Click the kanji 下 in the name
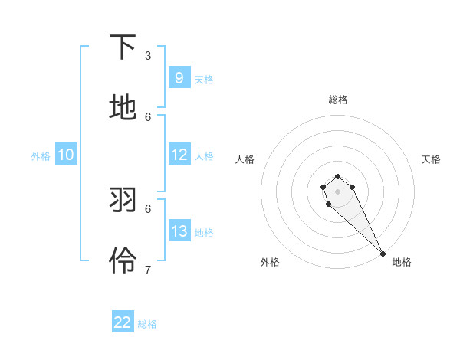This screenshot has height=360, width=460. [x=123, y=47]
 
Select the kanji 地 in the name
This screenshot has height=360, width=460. [x=123, y=108]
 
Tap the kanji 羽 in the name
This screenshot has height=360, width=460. [x=123, y=201]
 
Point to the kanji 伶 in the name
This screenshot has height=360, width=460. [x=123, y=261]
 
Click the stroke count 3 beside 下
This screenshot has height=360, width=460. [x=148, y=56]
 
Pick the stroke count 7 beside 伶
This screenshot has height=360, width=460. [x=148, y=270]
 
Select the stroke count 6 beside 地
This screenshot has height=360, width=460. [x=148, y=116]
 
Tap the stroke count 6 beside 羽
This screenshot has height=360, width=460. [x=148, y=208]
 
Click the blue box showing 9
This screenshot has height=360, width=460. [x=179, y=78]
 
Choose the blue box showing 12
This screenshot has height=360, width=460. [x=179, y=155]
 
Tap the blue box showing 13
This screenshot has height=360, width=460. [x=179, y=231]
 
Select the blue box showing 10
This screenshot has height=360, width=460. [x=66, y=155]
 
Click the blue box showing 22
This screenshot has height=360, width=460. [x=123, y=322]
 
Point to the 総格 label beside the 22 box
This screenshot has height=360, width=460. [x=147, y=324]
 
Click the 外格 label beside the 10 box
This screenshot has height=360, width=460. [x=41, y=156]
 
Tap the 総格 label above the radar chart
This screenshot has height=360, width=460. [x=338, y=100]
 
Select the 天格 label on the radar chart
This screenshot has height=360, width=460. [x=432, y=159]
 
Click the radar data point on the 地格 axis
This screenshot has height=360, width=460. [x=383, y=254]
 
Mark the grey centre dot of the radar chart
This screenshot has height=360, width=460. [x=338, y=191]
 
